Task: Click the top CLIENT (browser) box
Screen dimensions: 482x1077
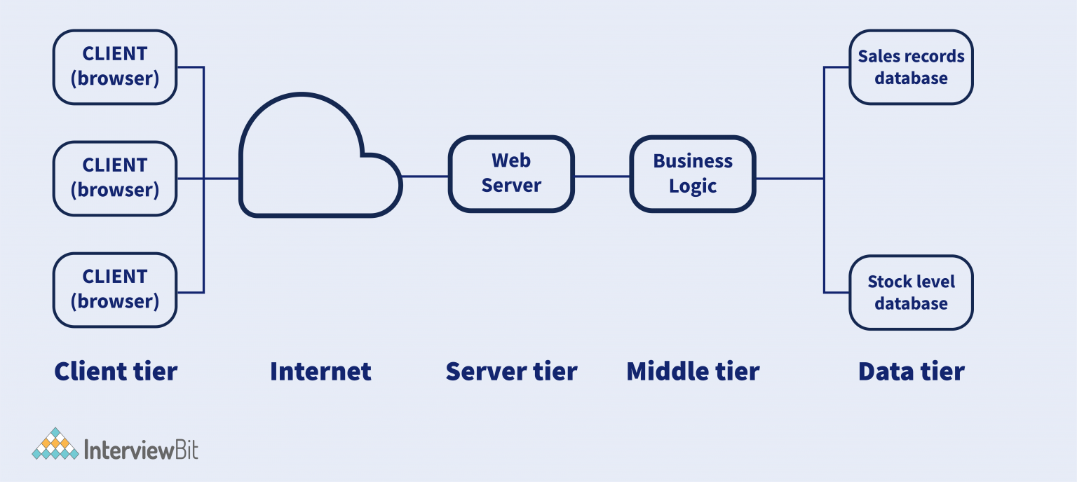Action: pyautogui.click(x=115, y=67)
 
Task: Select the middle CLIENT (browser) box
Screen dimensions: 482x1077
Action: pyautogui.click(x=115, y=178)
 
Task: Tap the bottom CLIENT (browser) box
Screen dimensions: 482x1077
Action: pyautogui.click(x=115, y=289)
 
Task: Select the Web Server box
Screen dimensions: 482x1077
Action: pyautogui.click(x=511, y=174)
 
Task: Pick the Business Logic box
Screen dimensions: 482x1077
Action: pyautogui.click(x=693, y=174)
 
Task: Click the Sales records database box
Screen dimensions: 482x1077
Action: pyautogui.click(x=911, y=67)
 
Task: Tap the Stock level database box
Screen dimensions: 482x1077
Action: pyautogui.click(x=911, y=292)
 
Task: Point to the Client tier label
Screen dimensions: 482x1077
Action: pyautogui.click(x=116, y=371)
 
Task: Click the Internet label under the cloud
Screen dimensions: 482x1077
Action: pyautogui.click(x=320, y=371)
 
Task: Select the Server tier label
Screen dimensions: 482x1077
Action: pyautogui.click(x=511, y=371)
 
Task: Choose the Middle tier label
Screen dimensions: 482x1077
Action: pyautogui.click(x=693, y=371)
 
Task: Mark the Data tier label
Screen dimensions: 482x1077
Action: pyautogui.click(x=911, y=371)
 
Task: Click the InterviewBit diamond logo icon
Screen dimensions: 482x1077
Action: pyautogui.click(x=55, y=444)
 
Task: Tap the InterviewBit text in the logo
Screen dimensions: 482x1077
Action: pyautogui.click(x=141, y=449)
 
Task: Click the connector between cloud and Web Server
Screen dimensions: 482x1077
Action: pyautogui.click(x=425, y=177)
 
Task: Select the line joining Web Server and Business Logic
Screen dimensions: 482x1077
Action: pyautogui.click(x=602, y=177)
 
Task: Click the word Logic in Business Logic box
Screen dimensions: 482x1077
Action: pyautogui.click(x=693, y=186)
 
